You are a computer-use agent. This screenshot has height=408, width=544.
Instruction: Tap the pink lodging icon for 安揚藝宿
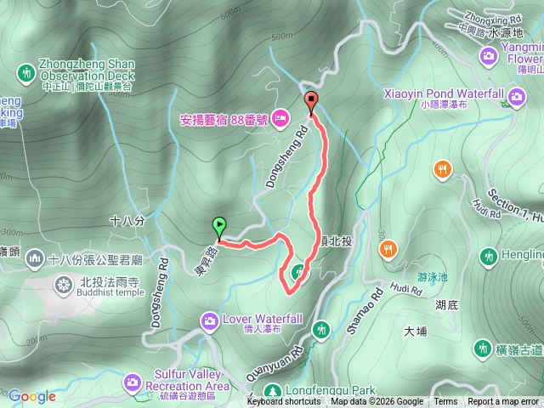point(280,118)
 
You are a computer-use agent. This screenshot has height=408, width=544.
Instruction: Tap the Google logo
point(32,396)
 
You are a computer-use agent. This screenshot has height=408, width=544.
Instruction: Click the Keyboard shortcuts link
point(284,402)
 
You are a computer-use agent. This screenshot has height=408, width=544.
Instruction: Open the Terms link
point(445,402)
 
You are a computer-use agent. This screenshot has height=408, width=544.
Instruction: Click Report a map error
point(503,402)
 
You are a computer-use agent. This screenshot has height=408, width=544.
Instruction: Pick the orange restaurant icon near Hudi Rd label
point(442,168)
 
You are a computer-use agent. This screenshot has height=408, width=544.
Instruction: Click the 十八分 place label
point(127,220)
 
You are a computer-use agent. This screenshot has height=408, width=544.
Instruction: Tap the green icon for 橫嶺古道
point(483,348)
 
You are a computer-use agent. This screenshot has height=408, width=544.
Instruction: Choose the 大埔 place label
point(416,331)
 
